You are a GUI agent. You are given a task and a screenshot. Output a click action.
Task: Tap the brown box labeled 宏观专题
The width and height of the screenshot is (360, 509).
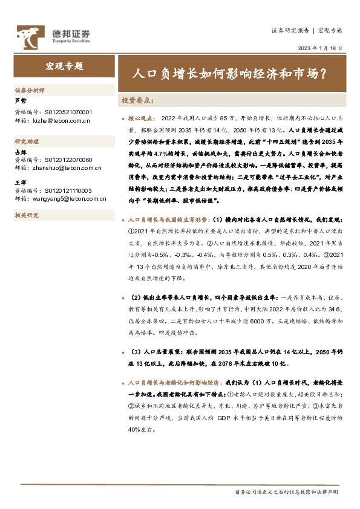[x=64, y=66]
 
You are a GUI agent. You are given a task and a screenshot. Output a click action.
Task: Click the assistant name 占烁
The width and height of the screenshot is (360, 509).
[x=21, y=152]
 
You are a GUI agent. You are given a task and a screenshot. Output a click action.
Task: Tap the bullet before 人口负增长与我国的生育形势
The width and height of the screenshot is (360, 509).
[x=123, y=221]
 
